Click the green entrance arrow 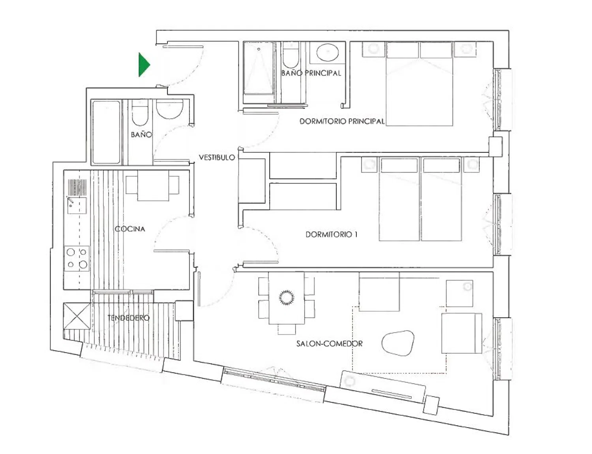144,65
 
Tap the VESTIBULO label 217,158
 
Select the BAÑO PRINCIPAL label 311,73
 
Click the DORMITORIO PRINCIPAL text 342,121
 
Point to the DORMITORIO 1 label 331,234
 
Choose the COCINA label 130,229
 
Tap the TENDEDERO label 129,318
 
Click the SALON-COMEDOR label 330,344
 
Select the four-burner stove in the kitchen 77,259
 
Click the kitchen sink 77,205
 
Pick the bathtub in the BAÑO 106,132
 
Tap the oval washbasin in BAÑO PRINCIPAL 328,52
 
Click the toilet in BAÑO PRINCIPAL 291,55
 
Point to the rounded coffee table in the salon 398,343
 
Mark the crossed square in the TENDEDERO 77,316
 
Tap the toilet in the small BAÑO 140,112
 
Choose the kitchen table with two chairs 153,186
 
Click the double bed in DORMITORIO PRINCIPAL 419,84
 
